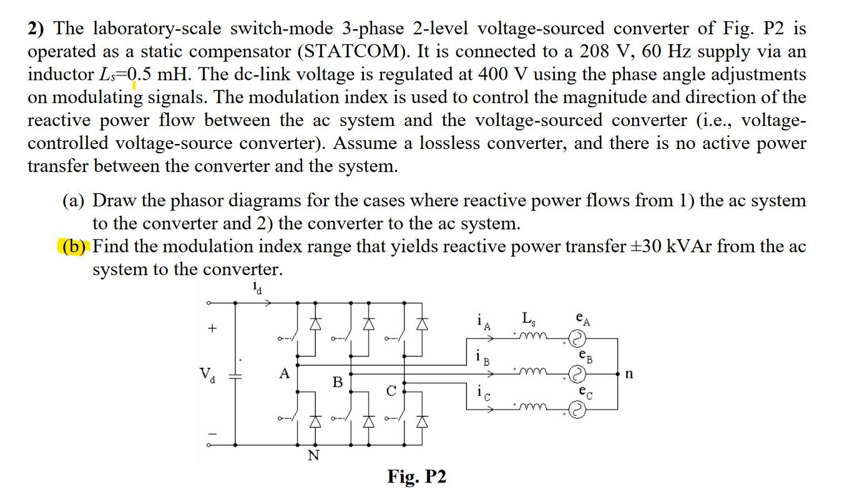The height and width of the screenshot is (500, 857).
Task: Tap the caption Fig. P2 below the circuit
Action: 416,477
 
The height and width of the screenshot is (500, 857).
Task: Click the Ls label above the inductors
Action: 528,319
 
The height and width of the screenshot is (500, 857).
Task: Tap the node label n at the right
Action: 629,374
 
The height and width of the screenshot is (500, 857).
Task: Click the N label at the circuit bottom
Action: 313,456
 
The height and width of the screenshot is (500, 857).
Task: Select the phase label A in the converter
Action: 285,374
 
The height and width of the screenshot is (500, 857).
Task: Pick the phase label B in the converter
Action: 338,382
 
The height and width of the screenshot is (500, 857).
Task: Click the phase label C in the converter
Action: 391,392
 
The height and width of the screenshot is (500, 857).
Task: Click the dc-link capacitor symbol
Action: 235,375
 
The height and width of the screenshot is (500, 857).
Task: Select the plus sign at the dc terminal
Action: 213,328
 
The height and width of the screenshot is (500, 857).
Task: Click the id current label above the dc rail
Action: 257,288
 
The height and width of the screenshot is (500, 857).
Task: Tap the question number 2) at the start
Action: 38,29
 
